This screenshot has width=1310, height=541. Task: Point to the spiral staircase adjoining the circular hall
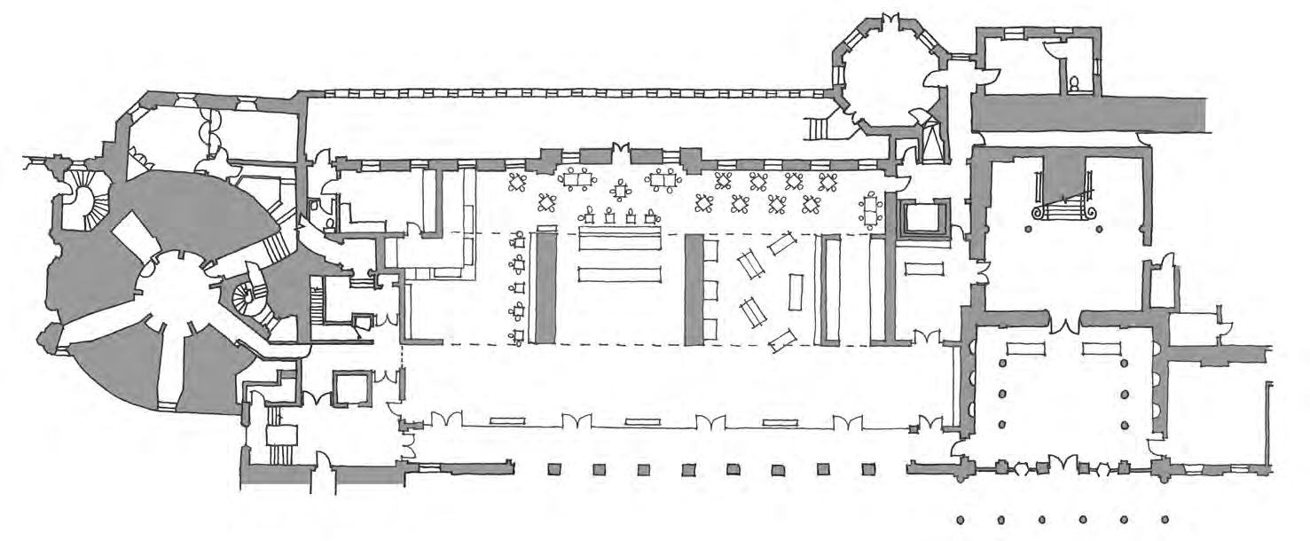[x=247, y=301]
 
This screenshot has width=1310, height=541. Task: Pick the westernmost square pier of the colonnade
[x=554, y=469]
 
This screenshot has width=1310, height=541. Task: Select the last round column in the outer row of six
[x=1165, y=520]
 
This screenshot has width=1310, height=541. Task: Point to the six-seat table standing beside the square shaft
[x=871, y=209]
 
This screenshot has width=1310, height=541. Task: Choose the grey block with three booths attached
[x=694, y=289]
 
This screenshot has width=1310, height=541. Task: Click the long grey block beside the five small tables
[x=544, y=286]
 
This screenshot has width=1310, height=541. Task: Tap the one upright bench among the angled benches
[x=796, y=292]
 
